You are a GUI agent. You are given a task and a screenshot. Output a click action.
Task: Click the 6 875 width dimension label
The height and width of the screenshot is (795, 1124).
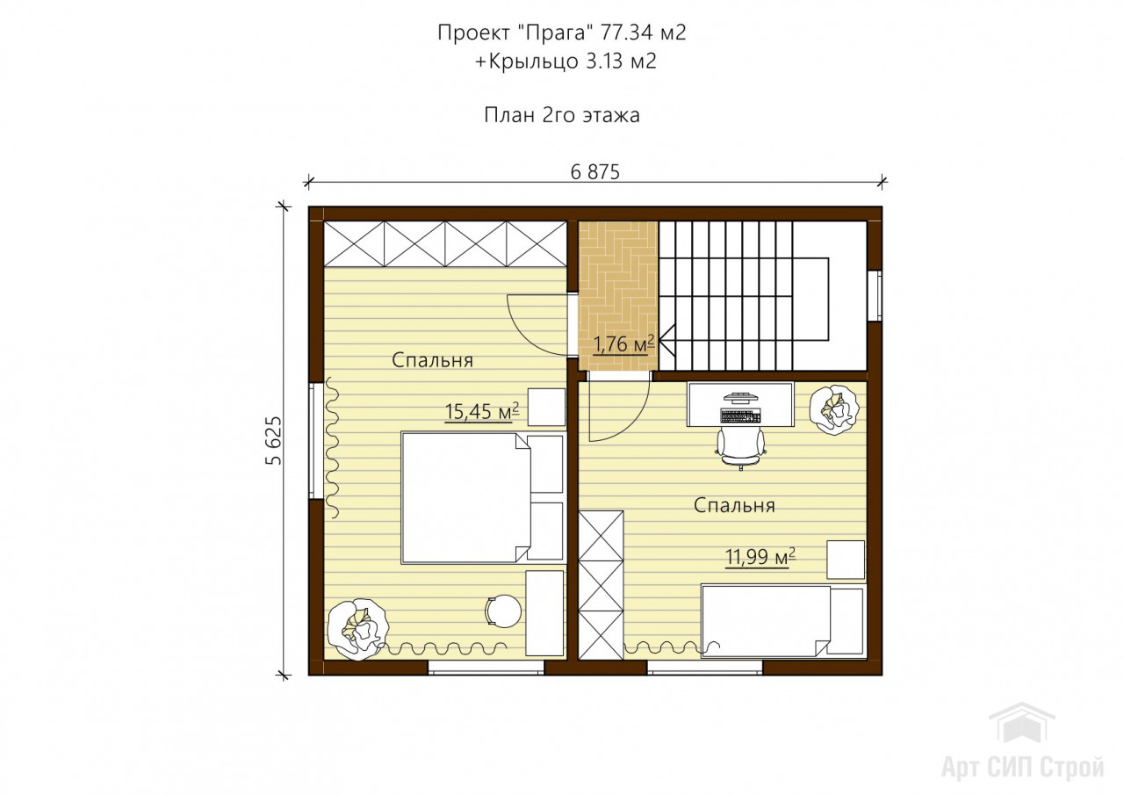pyautogui.click(x=595, y=172)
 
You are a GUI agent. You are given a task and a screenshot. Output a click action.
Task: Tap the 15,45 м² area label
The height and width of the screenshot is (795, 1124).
pyautogui.click(x=482, y=411)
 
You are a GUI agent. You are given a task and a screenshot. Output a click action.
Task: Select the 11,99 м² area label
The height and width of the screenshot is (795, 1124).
pyautogui.click(x=760, y=557)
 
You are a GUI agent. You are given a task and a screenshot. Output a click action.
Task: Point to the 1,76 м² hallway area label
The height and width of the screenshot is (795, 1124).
pyautogui.click(x=623, y=344)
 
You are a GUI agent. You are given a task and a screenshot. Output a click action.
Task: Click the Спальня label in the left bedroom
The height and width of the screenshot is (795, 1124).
pyautogui.click(x=432, y=360)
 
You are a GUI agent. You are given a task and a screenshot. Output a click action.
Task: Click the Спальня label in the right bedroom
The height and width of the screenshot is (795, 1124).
pyautogui.click(x=734, y=505)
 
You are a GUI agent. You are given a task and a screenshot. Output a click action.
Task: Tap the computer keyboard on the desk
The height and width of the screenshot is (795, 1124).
pyautogui.click(x=741, y=416)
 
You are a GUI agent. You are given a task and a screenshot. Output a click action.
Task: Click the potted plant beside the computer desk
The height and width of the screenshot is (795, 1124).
pyautogui.click(x=833, y=409)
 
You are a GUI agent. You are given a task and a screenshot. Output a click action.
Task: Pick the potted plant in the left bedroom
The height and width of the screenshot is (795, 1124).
pyautogui.click(x=357, y=628)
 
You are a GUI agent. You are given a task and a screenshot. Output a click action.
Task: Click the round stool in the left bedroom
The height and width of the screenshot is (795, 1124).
pyautogui.click(x=503, y=611)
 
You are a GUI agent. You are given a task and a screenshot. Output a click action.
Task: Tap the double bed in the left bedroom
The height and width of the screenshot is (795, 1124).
pyautogui.click(x=483, y=497)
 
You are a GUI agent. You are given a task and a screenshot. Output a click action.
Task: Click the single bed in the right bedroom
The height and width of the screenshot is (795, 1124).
pyautogui.click(x=782, y=621)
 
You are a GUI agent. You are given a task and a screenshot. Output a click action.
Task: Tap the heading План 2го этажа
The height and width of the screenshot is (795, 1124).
pyautogui.click(x=561, y=115)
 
